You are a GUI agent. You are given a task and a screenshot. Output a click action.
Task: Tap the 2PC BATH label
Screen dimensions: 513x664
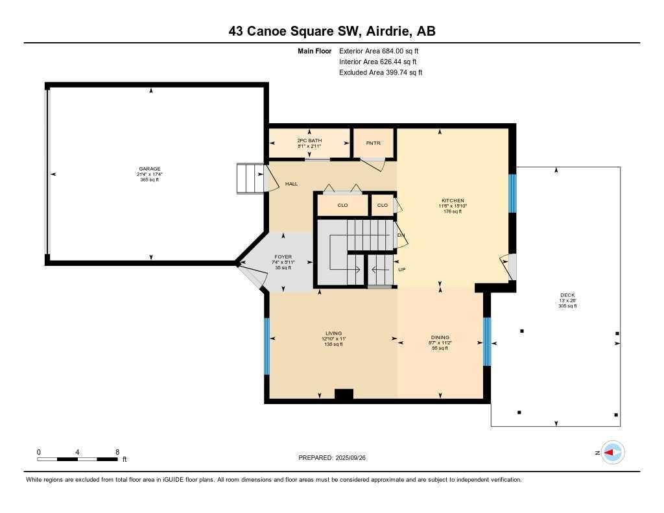[x=309, y=141]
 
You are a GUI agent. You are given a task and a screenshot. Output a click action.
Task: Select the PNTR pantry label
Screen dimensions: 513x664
[x=373, y=143]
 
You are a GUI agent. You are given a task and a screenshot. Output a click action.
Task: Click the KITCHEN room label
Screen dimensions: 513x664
[x=453, y=200]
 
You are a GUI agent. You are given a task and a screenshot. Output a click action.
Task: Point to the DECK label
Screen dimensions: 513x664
[x=567, y=295]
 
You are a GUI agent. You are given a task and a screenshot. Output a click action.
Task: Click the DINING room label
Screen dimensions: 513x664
[x=440, y=337]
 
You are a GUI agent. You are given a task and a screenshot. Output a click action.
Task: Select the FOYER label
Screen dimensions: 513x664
[x=283, y=257]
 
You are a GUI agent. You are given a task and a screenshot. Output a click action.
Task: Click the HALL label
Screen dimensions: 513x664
[x=291, y=184]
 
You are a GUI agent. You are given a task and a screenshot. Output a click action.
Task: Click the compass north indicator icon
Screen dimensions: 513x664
[x=612, y=453]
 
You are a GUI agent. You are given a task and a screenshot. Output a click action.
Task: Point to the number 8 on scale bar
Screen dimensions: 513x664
[x=117, y=451]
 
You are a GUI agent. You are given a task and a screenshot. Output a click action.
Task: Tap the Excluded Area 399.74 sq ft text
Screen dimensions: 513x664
[x=381, y=73]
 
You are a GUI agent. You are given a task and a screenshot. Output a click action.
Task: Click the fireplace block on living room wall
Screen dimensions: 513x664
[x=344, y=394]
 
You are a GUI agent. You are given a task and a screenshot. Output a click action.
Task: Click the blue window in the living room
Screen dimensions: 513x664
[x=267, y=346]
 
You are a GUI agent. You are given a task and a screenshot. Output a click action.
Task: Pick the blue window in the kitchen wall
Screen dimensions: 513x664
[x=512, y=193]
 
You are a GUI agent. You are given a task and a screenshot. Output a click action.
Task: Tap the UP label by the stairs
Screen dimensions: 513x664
[x=401, y=268]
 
